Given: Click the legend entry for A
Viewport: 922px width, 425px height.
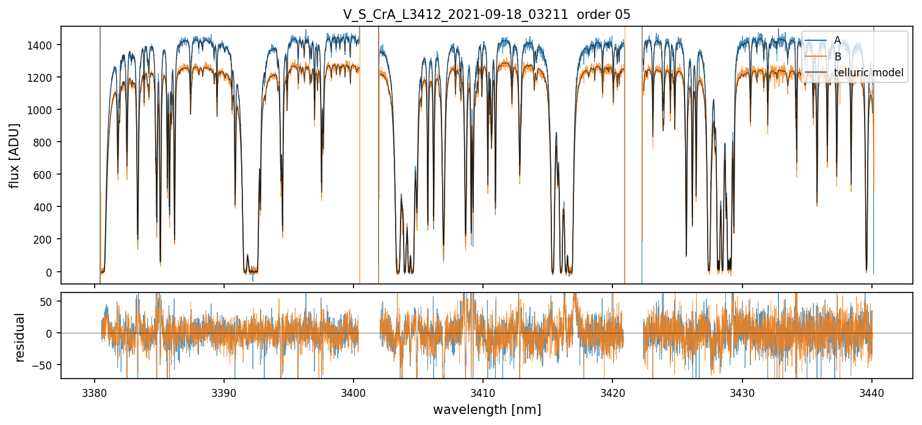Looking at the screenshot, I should click(837, 40).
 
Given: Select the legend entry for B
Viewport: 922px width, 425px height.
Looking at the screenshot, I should click(837, 57).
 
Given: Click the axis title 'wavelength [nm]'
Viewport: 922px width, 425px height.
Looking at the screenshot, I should click(487, 410).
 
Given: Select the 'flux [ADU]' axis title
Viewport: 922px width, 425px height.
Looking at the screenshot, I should click(14, 155).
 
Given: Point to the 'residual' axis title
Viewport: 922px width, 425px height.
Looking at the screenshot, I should click(20, 337).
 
